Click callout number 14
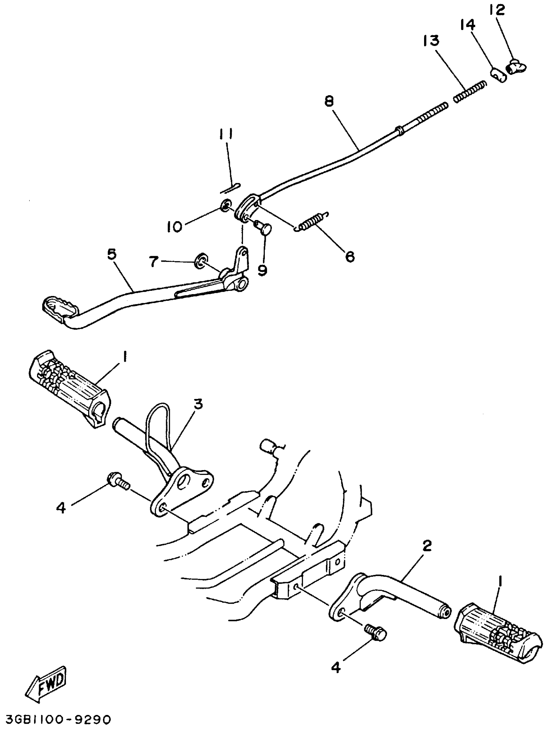click(467, 25)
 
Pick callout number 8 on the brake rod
click(329, 101)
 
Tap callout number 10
click(174, 227)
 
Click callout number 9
click(262, 270)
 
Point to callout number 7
click(153, 262)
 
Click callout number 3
click(198, 404)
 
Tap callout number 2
click(427, 546)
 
